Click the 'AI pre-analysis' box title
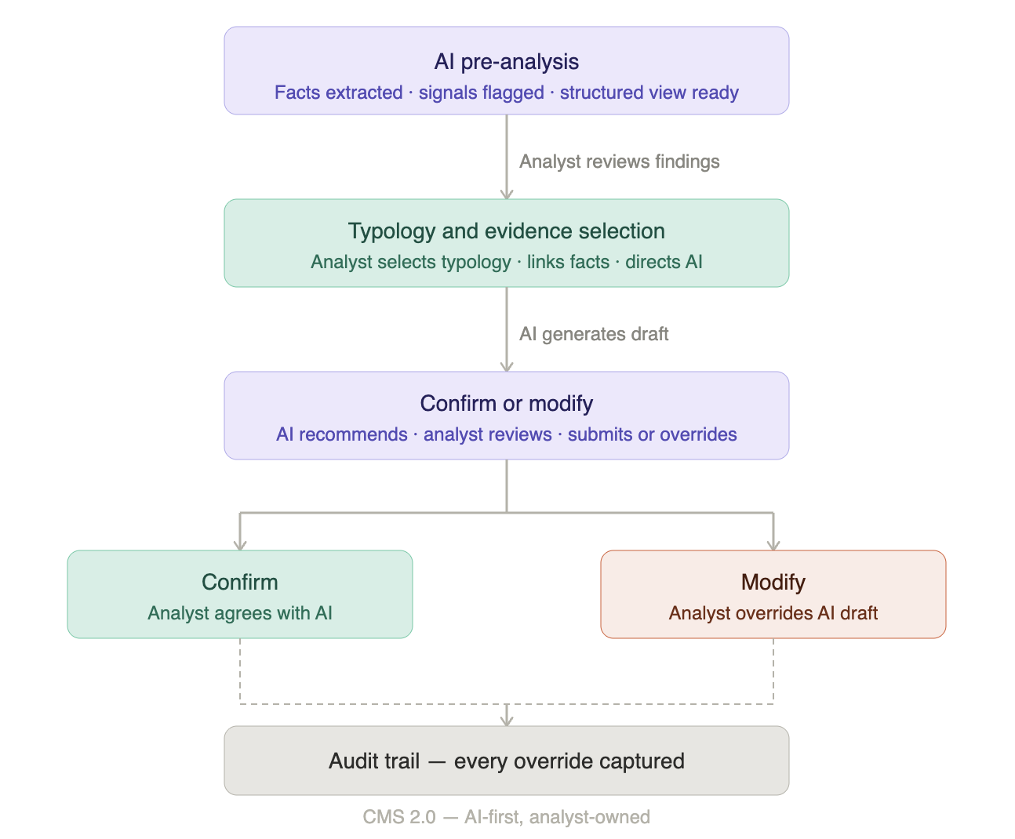click(507, 62)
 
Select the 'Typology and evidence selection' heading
click(507, 231)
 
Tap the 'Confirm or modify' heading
click(507, 404)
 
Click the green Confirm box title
click(240, 582)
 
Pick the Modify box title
click(773, 582)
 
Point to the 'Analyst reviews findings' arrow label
click(620, 162)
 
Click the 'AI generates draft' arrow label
click(594, 334)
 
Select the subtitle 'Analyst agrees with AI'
click(240, 613)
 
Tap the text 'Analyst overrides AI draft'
click(773, 613)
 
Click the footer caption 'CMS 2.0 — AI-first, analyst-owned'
click(507, 817)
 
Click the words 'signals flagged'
click(482, 93)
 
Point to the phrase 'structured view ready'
click(649, 93)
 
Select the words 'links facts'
click(568, 262)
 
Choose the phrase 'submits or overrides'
click(652, 434)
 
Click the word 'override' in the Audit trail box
click(553, 761)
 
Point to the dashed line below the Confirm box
click(240, 671)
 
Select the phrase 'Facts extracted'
click(338, 93)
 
